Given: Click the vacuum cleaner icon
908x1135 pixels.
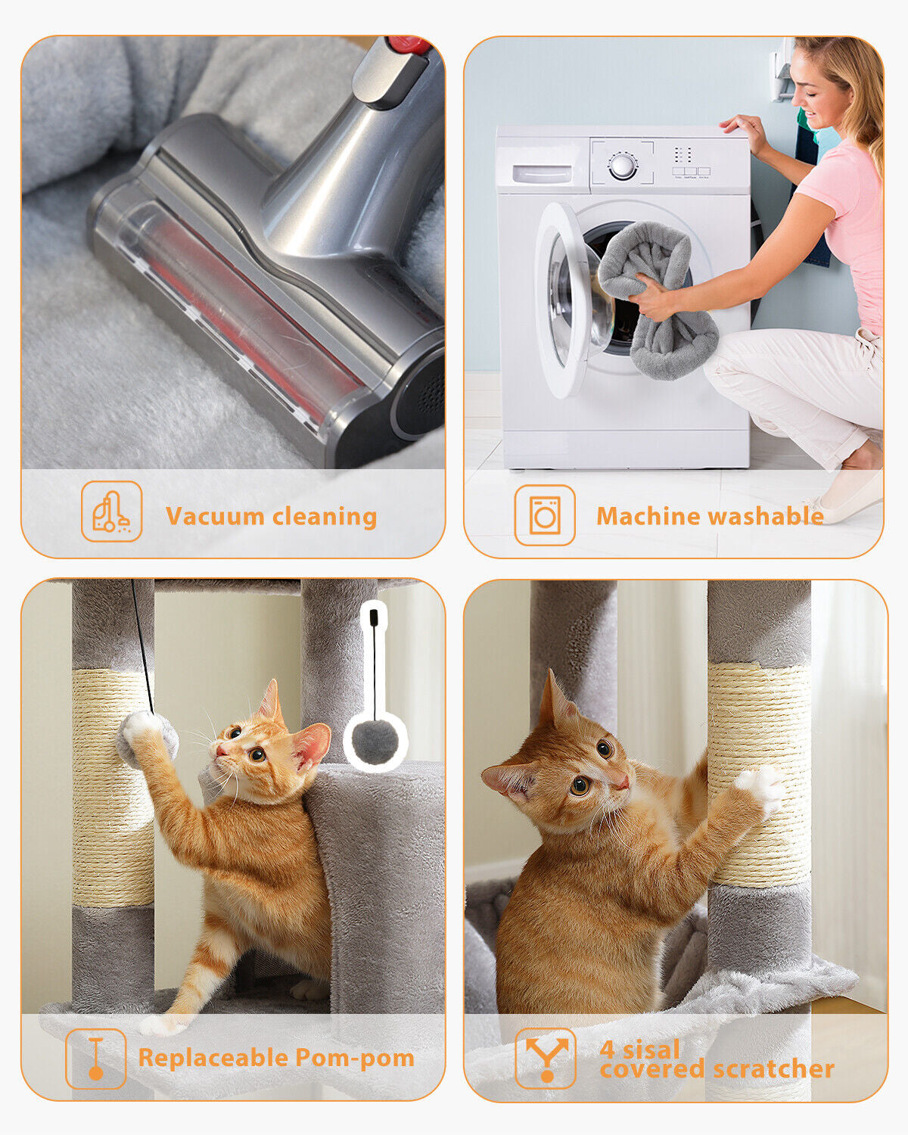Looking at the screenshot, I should (x=112, y=512).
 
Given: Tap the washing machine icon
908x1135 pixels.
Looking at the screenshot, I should (x=545, y=516).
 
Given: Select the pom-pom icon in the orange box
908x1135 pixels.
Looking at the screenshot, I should (x=95, y=1059).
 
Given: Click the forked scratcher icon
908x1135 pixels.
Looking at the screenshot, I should (x=546, y=1058).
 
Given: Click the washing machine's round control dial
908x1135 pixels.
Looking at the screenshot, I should (x=622, y=166).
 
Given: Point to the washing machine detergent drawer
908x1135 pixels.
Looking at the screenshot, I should (x=543, y=173).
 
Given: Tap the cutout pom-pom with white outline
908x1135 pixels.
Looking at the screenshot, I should (x=375, y=742).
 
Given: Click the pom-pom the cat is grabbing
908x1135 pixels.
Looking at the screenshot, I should (x=147, y=739).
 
